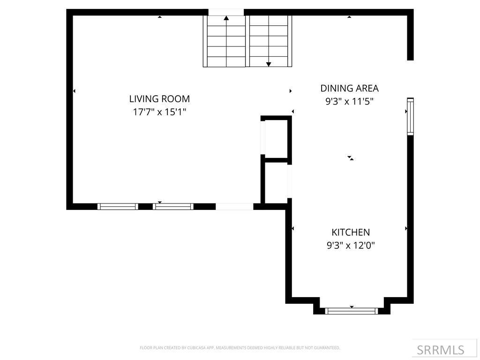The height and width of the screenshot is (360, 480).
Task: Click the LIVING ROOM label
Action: tap(159, 99)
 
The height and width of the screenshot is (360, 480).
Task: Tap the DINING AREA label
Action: tap(349, 88)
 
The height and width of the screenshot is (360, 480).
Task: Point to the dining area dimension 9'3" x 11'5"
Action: tap(349, 101)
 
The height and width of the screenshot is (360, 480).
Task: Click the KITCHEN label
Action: tap(351, 232)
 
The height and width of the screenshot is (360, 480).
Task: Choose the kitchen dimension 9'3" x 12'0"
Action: tap(351, 245)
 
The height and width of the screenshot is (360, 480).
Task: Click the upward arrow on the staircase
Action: tap(226, 19)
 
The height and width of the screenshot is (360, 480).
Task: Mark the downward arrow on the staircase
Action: tap(269, 63)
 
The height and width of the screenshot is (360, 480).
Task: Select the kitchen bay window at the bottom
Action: tap(352, 310)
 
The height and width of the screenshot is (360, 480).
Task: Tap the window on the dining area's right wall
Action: tap(410, 116)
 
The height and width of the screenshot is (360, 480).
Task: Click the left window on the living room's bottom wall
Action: tap(118, 206)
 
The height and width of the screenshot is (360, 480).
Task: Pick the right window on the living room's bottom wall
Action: tap(173, 206)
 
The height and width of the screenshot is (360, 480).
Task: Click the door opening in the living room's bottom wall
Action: tap(234, 206)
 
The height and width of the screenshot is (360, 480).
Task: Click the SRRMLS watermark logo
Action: tap(441, 350)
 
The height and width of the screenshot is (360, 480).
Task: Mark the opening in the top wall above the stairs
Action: tap(226, 12)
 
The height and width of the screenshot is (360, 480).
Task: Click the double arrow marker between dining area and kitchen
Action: tap(350, 158)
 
